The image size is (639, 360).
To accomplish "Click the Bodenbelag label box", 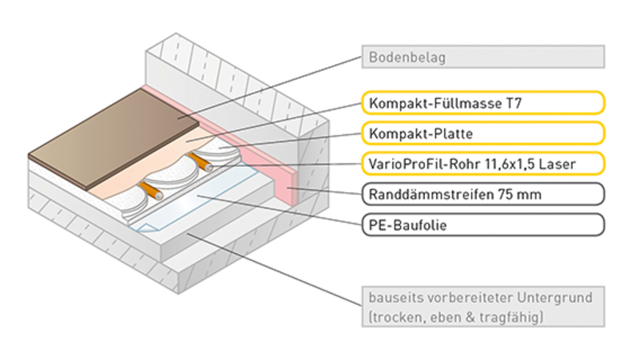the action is click(x=483, y=57).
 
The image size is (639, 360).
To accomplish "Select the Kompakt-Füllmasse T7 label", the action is click(x=483, y=103).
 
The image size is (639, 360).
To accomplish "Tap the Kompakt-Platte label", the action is click(x=483, y=133).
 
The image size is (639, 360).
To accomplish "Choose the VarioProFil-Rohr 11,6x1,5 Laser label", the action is click(x=483, y=164).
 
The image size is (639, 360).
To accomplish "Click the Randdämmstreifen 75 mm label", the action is click(x=483, y=194).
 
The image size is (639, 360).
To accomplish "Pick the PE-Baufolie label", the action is click(x=483, y=225).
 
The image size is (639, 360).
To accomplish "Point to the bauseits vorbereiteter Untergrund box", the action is click(x=483, y=307).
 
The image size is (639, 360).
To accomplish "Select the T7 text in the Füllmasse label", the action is click(x=514, y=103).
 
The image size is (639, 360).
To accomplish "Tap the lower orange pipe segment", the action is click(x=151, y=191).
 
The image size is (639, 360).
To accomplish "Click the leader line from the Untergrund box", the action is click(x=274, y=270).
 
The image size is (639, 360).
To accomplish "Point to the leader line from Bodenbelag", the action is click(x=270, y=87).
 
